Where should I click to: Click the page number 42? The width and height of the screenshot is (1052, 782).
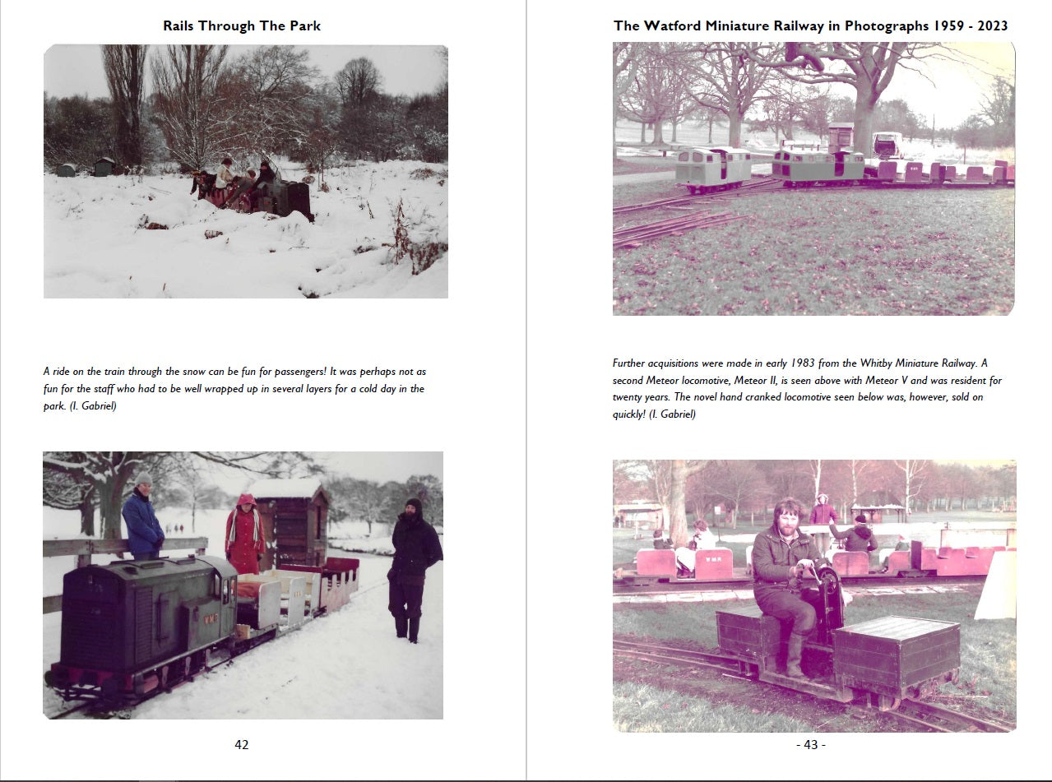pos(242,744)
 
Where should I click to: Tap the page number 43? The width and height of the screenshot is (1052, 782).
pos(810,744)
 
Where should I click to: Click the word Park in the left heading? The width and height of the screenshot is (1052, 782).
pos(305,25)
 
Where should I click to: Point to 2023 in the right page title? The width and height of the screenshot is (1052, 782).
pos(992,25)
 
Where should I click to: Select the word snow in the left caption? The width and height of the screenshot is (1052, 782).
pos(194,372)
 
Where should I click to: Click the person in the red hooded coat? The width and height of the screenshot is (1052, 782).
pos(245,534)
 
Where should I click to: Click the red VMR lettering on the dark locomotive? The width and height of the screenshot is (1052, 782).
pos(211,619)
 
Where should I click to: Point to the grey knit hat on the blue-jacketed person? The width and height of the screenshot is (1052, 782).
pos(143,478)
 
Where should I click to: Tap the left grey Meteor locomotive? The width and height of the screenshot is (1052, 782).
pos(712,169)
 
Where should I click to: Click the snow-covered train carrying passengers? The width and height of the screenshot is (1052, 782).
pos(252,193)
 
